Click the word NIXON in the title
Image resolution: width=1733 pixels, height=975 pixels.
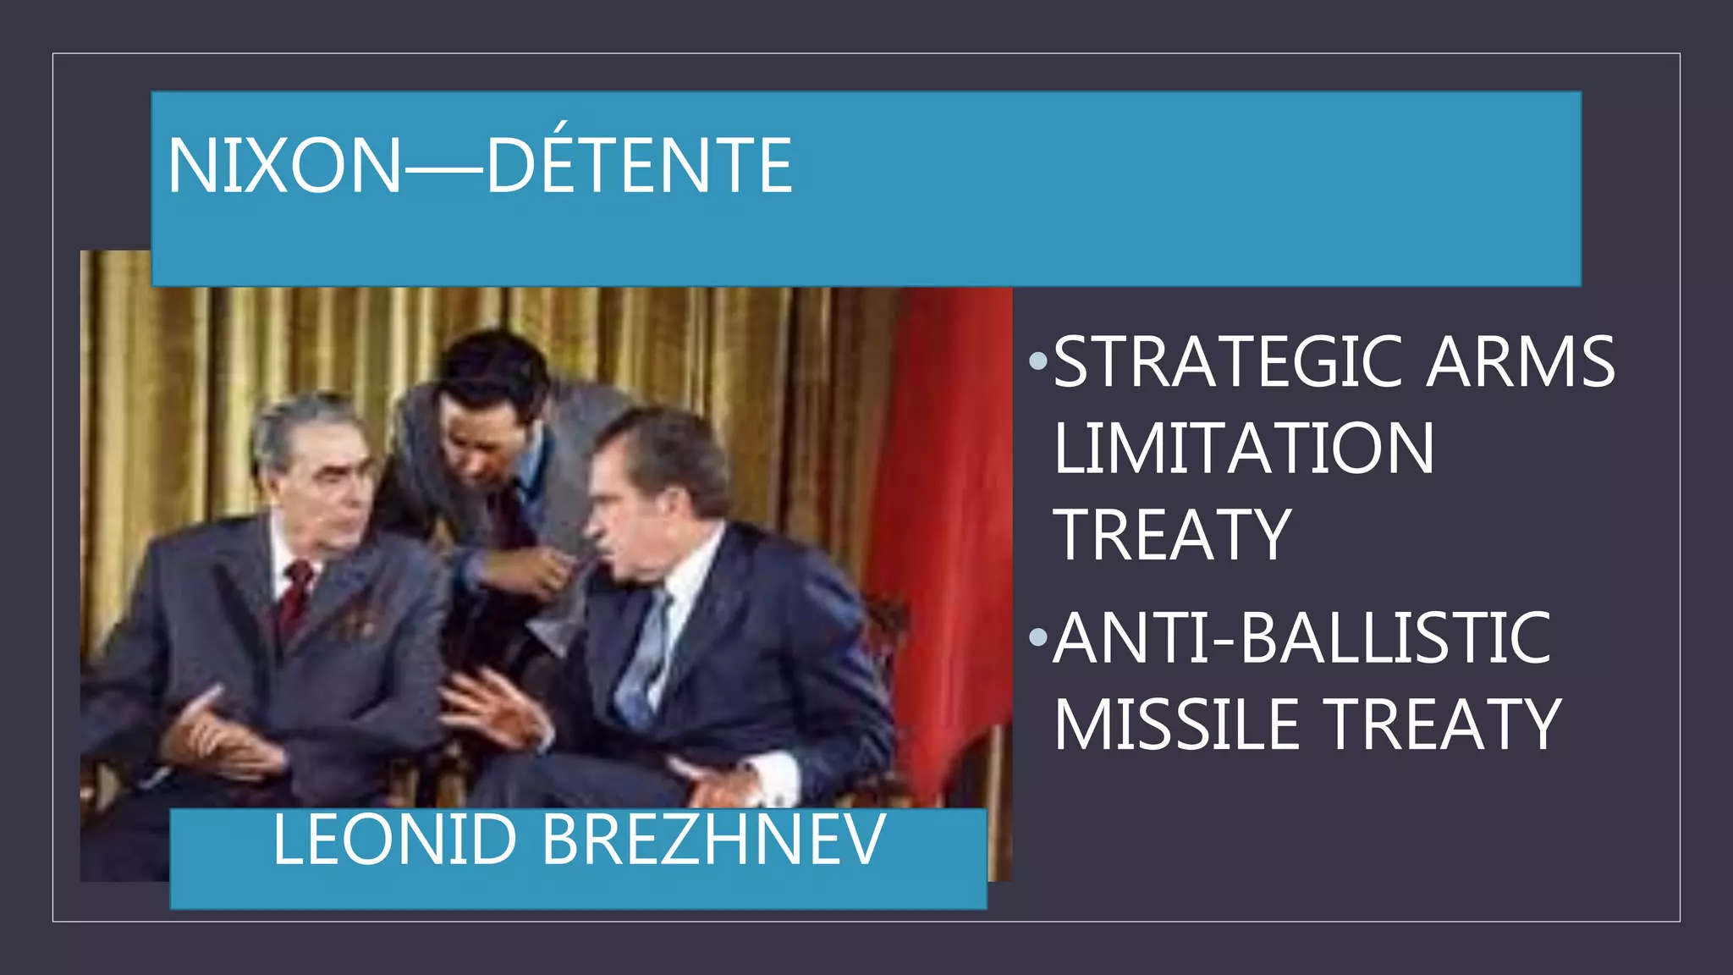click(284, 166)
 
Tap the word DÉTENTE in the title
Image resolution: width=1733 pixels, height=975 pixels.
click(639, 166)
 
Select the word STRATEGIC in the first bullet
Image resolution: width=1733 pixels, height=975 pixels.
click(1226, 361)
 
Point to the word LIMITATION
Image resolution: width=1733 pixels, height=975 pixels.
click(1243, 449)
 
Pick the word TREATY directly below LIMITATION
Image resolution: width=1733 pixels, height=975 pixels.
click(1172, 535)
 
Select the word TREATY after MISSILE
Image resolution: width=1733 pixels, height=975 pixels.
click(1444, 724)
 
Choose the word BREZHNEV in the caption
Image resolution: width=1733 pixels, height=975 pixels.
click(713, 840)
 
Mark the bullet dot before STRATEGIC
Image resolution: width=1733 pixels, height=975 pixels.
click(1038, 362)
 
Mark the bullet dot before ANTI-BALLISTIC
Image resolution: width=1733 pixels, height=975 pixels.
click(1038, 636)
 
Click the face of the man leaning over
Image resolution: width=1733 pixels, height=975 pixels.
click(482, 440)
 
